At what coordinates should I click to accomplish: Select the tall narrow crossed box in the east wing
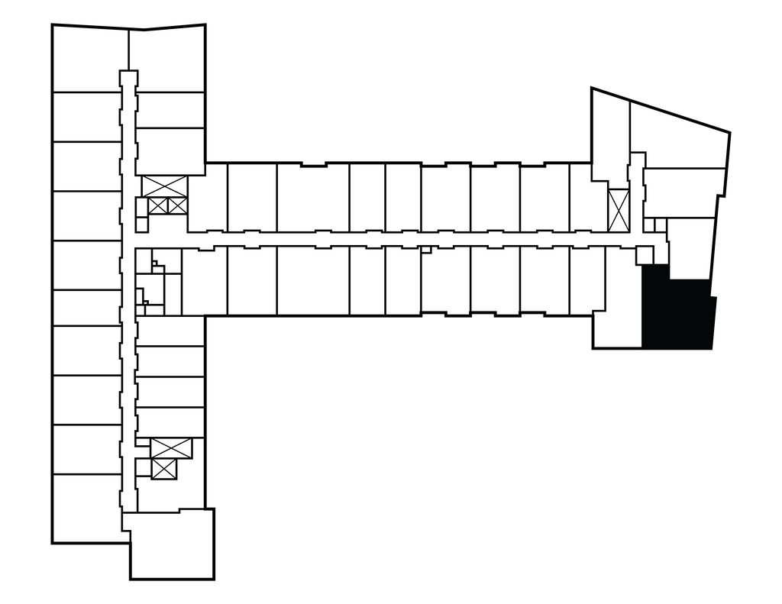618,209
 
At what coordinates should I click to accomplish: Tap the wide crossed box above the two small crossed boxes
164,186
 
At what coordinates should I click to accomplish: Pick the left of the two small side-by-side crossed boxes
157,205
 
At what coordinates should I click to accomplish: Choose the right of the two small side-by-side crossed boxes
176,205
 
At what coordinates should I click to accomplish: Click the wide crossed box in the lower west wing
171,448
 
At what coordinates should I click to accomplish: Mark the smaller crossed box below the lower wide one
164,469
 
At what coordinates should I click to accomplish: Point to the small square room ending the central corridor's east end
645,254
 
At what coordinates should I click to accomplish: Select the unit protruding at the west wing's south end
171,544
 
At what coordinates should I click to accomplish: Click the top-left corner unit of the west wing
88,58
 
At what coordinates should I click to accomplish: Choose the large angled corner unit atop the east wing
677,137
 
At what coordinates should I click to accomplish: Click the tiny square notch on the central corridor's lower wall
426,249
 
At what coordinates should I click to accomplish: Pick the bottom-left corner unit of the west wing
86,508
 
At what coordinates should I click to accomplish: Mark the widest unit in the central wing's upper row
312,196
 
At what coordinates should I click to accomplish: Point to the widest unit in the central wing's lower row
312,280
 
